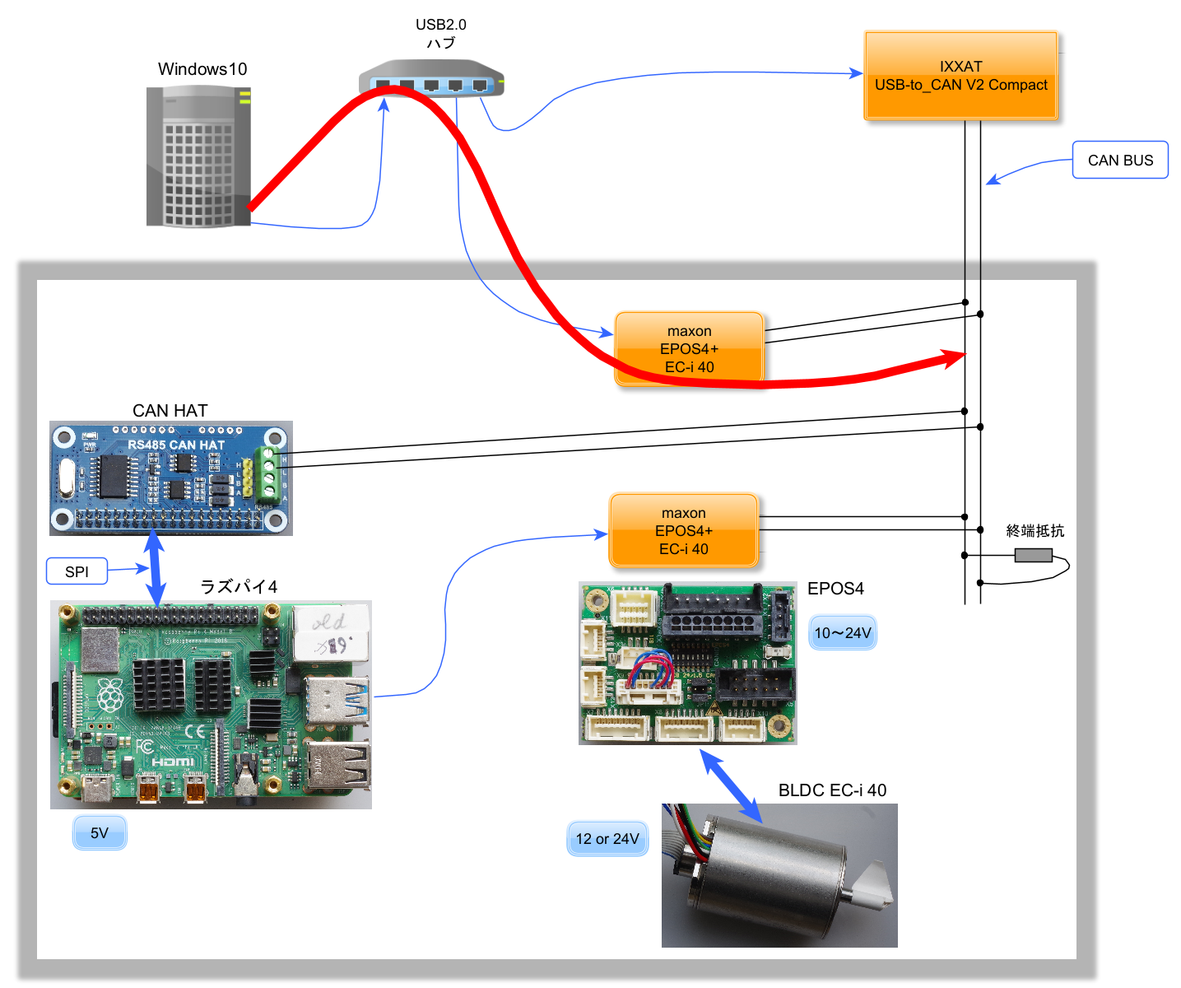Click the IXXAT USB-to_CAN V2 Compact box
960,76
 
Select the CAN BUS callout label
1120,161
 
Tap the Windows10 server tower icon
198,156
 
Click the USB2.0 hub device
430,79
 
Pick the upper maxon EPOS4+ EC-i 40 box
689,349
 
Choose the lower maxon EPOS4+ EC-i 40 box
683,531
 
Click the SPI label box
77,571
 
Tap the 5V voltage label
100,833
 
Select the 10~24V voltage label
842,633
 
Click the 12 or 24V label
607,839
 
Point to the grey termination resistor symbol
1033,556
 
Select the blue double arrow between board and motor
731,786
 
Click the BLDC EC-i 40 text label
832,790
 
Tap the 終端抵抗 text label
1035,531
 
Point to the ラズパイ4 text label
239,586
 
